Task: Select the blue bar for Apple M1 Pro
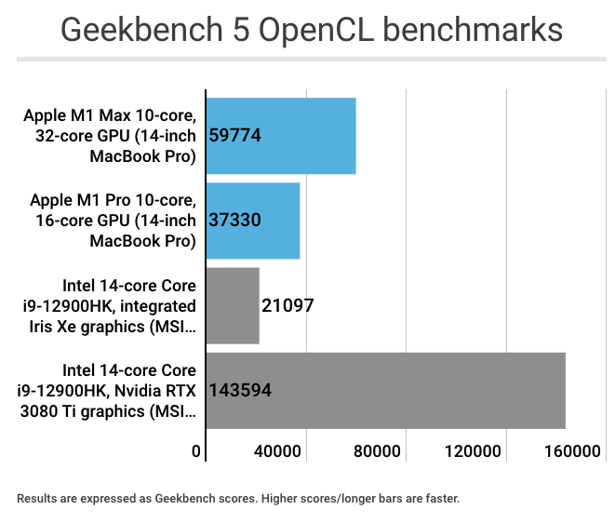click(x=279, y=221)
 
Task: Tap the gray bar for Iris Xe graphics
click(x=232, y=306)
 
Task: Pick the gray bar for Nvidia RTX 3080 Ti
click(x=419, y=391)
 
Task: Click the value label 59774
click(x=235, y=136)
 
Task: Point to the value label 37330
click(x=235, y=221)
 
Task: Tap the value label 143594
click(x=241, y=391)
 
